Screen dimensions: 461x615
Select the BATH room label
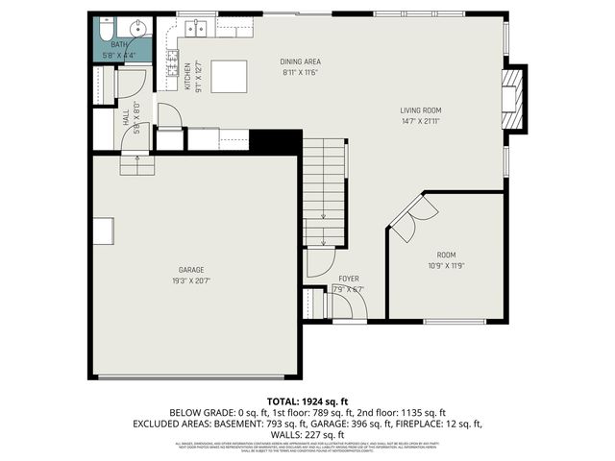[x=118, y=44]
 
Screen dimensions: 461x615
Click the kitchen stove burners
[x=173, y=68]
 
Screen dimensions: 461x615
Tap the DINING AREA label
[x=300, y=61]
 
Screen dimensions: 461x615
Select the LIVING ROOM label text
[x=420, y=110]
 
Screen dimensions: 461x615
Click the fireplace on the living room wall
[x=516, y=99]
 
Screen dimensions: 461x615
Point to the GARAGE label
[x=191, y=270]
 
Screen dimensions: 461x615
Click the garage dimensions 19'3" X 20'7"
[x=191, y=281]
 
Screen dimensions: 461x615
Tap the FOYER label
[x=348, y=279]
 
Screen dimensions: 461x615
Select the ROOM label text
[x=445, y=255]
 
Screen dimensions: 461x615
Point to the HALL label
[x=126, y=117]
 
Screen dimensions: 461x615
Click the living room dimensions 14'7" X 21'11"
[x=420, y=122]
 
